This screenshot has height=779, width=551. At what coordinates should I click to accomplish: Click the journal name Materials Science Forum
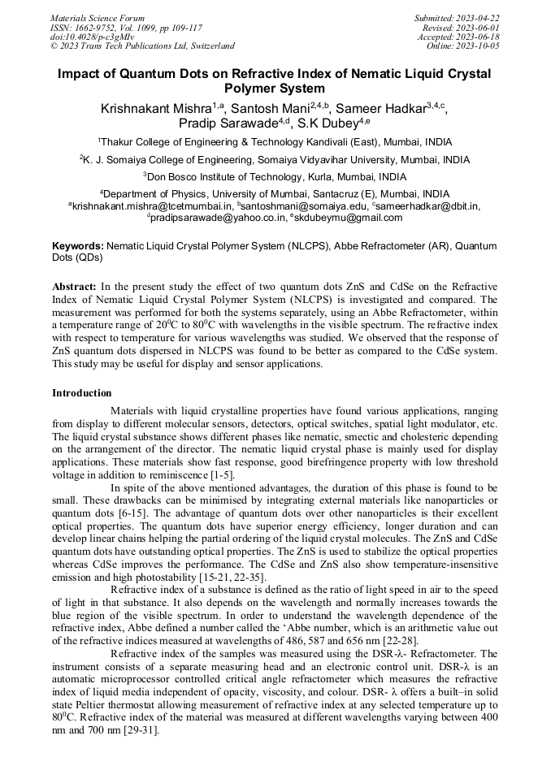click(98, 18)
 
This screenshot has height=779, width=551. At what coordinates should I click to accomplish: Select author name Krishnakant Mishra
click(152, 109)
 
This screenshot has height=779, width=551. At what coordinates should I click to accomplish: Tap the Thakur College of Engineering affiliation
click(275, 141)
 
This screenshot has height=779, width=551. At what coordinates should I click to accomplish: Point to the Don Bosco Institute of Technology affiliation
click(275, 176)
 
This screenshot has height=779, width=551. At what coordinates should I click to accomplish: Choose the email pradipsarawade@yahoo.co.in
click(218, 217)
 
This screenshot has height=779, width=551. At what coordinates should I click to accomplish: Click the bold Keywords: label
click(78, 245)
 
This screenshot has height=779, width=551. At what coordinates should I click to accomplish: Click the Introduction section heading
click(82, 393)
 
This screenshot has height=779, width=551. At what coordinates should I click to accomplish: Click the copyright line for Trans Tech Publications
click(142, 46)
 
